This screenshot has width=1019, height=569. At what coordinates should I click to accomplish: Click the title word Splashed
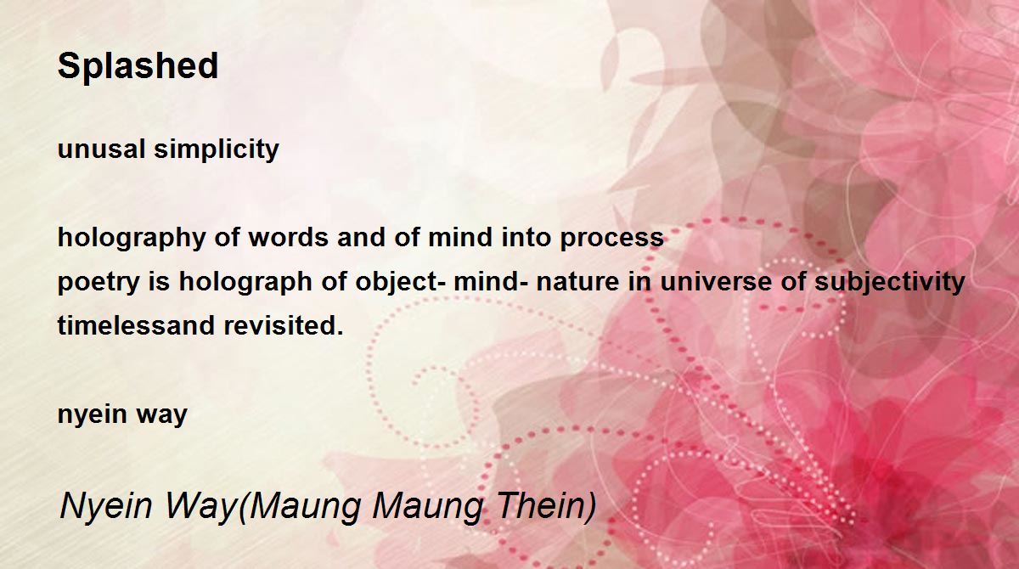click(x=138, y=66)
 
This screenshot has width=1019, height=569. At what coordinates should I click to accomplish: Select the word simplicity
click(x=217, y=150)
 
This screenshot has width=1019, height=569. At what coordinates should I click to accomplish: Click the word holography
click(x=132, y=239)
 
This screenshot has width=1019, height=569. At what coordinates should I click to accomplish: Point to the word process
click(x=612, y=239)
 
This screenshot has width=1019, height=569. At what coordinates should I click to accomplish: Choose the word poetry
click(x=99, y=283)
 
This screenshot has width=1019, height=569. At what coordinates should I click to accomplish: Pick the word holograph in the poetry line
click(x=245, y=283)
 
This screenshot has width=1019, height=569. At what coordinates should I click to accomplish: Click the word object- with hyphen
click(x=400, y=283)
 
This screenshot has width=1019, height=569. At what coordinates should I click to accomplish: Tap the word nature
click(x=577, y=282)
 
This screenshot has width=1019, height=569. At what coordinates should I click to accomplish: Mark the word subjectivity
click(x=889, y=283)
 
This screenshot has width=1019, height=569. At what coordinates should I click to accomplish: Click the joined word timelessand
click(x=136, y=325)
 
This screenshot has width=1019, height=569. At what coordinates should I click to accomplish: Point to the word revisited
click(x=284, y=325)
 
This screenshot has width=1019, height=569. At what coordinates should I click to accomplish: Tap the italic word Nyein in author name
click(x=105, y=506)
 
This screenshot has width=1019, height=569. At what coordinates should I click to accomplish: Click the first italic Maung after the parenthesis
click(x=300, y=507)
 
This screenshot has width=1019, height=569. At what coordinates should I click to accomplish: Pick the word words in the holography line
click(x=288, y=238)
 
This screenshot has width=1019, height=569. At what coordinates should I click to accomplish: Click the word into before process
click(x=526, y=238)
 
